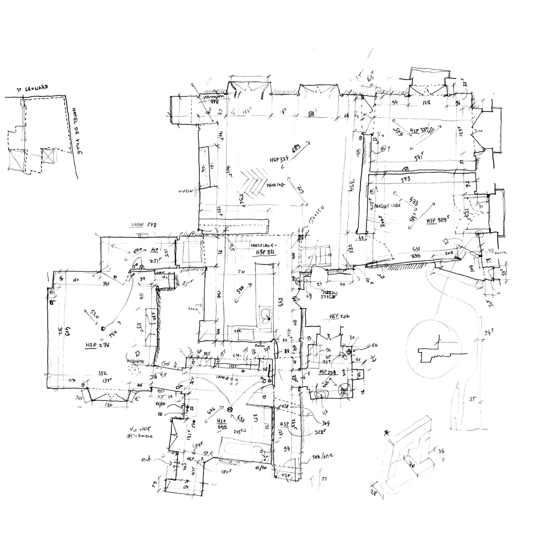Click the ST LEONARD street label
click(32, 89)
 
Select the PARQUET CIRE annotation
click(387, 205)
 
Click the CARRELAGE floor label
click(263, 245)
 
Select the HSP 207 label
click(339, 317)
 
